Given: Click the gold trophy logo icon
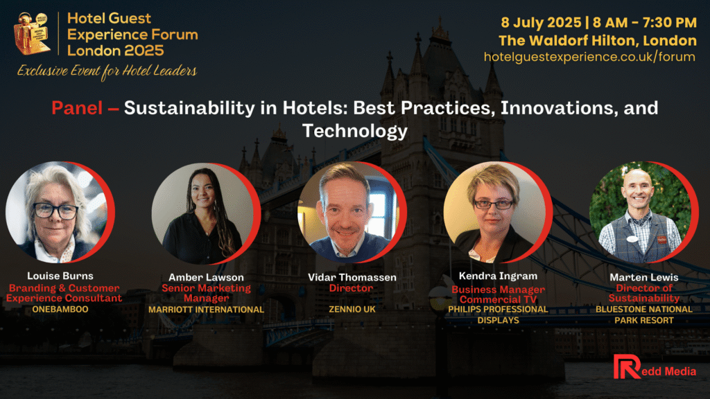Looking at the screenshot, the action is pos(32,34).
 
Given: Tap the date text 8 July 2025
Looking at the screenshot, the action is pos(541,22).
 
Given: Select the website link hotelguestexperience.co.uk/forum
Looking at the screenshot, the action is pos(589,57).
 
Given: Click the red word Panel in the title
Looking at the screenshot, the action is pos(77,108).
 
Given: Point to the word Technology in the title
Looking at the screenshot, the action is pos(355,131).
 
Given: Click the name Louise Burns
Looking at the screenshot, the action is pos(60,276).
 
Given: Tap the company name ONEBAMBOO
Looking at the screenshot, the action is pos(60,310).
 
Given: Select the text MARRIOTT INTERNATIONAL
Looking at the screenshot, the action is pos(206,310).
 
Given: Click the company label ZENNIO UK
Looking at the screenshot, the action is pos(352,310).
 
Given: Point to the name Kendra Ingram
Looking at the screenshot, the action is pos(498,276).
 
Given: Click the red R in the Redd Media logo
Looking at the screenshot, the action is pos(627,366).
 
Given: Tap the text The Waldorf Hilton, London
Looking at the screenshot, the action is pos(598,40).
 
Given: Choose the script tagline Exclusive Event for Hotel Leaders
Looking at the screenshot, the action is pos(107,71).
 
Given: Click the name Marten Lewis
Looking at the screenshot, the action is pos(644,277).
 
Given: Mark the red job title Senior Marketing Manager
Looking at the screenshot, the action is pos(206,293).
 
